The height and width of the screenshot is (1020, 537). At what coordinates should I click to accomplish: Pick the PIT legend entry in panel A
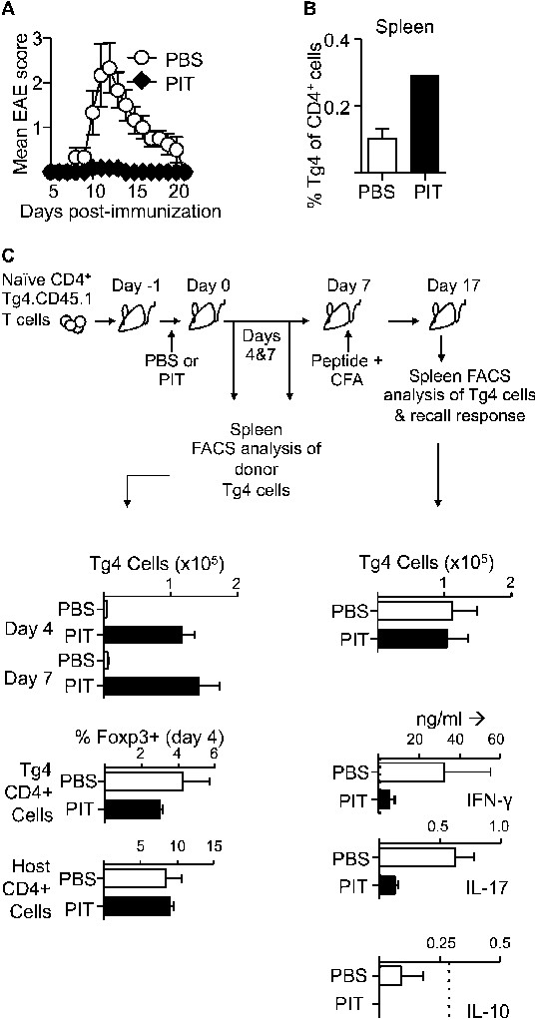(x=172, y=84)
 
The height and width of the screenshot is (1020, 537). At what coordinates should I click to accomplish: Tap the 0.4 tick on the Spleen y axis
(x=335, y=40)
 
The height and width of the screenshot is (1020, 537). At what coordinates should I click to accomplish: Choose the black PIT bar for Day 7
(x=151, y=686)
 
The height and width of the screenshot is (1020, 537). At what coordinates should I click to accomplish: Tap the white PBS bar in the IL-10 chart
(x=390, y=976)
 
